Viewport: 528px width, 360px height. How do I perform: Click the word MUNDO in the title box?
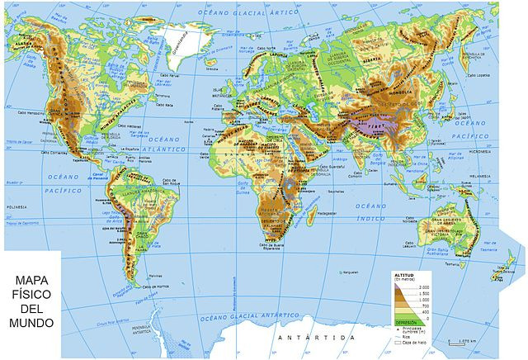pyautogui.click(x=32, y=321)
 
